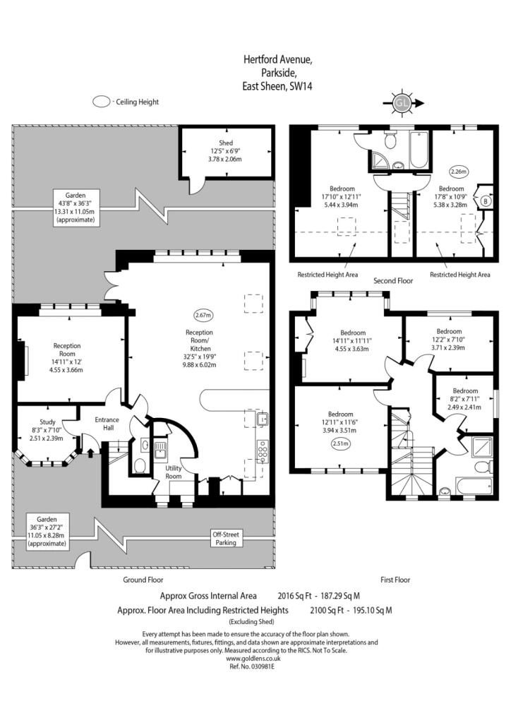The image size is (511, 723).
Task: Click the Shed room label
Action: tap(226, 143)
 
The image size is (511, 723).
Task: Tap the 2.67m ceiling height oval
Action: tap(204, 316)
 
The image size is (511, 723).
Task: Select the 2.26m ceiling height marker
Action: tap(459, 172)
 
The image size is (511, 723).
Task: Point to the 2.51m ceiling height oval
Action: tap(340, 444)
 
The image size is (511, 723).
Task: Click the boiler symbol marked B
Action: tap(485, 201)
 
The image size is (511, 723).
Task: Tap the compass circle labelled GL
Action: tap(402, 103)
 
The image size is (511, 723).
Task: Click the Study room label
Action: tap(47, 422)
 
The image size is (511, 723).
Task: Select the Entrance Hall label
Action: tap(107, 424)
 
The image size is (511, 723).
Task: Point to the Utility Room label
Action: tap(174, 472)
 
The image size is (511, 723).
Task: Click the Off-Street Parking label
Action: tap(226, 539)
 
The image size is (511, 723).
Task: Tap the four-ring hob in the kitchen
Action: tap(263, 450)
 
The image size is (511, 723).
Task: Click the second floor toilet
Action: tap(391, 140)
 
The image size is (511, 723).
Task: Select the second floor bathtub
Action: tap(419, 150)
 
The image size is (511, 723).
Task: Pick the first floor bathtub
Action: tap(474, 486)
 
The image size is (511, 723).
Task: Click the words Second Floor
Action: tap(393, 280)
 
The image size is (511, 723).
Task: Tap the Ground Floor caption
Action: tap(143, 580)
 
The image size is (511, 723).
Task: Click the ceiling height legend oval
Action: tap(102, 102)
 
